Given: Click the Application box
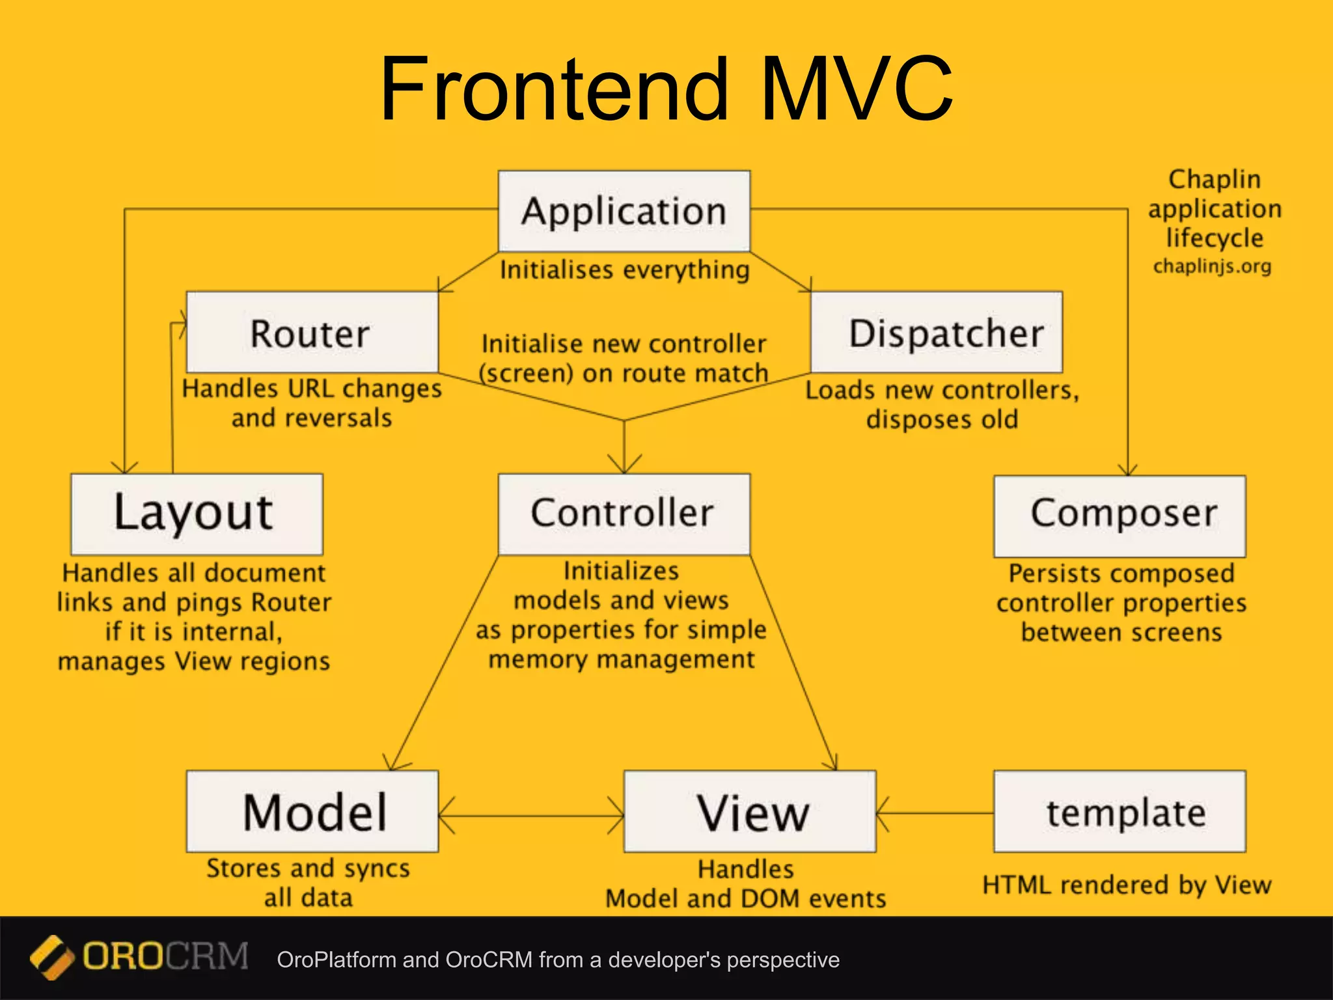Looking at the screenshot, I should coord(624,211).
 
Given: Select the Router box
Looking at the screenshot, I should coord(312,333).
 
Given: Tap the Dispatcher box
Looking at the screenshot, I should coord(936,333).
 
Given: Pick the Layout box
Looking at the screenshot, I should coord(197,514).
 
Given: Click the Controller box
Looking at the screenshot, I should coord(624,514).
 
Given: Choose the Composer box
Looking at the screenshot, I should coord(1120,515).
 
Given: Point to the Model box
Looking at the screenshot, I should coord(312,811).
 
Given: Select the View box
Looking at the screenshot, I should coord(750,811).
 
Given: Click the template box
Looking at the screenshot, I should coord(1120,811).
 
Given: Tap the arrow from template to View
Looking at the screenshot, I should coord(935,813).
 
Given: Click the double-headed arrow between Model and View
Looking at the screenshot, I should coord(531,814).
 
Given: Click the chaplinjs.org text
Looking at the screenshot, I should coord(1212,266).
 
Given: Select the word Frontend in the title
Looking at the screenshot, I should coord(553,89).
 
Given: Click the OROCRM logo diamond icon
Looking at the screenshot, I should coord(51,957).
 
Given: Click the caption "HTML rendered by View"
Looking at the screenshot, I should coord(1126,885).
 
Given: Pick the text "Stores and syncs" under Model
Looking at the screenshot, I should coord(308,868).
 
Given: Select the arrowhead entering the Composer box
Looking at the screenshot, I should coord(1127,470).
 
